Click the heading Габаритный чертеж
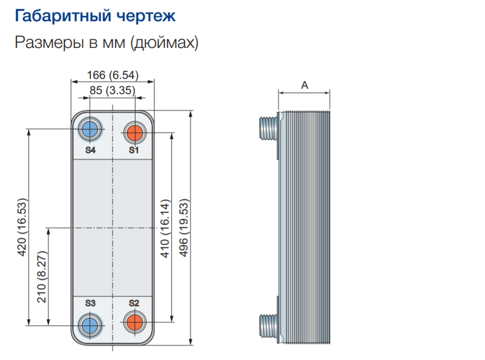pyautogui.click(x=95, y=15)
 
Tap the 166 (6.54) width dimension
pyautogui.click(x=113, y=75)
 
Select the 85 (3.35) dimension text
pyautogui.click(x=113, y=90)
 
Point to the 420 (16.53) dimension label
pyautogui.click(x=22, y=227)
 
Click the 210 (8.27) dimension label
pyautogui.click(x=41, y=277)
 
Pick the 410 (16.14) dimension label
pyautogui.click(x=165, y=228)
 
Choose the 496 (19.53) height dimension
pyautogui.click(x=184, y=228)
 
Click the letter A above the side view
pyautogui.click(x=304, y=85)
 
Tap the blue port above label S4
pyautogui.click(x=90, y=129)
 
